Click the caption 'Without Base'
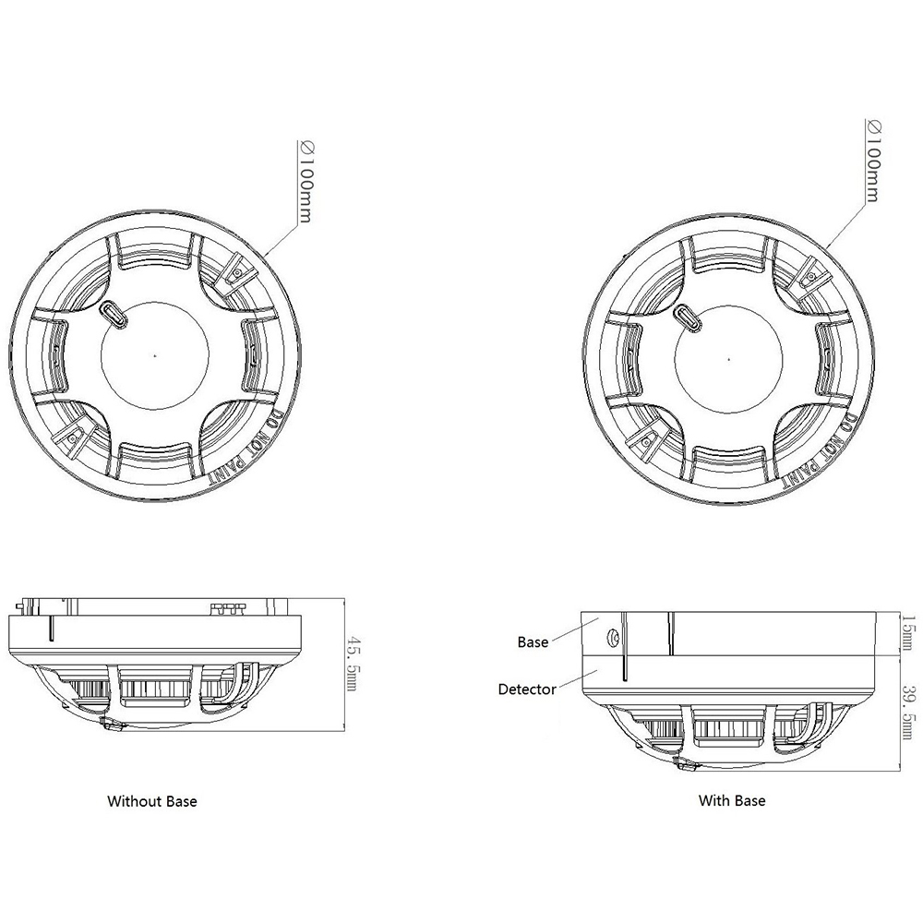(x=152, y=801)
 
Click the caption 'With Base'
(x=731, y=801)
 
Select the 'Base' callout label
(x=533, y=641)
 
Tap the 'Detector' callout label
(x=527, y=689)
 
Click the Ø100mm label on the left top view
(x=305, y=182)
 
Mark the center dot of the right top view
(x=728, y=356)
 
